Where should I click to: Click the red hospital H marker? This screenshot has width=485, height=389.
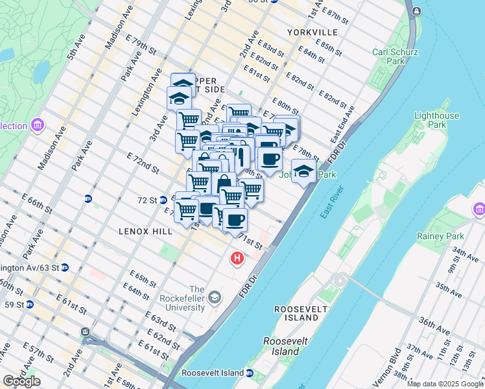pyautogui.click(x=237, y=259)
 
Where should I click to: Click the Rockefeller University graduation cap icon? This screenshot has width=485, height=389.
pyautogui.click(x=215, y=298)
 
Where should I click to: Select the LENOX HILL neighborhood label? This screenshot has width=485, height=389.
pyautogui.click(x=145, y=231)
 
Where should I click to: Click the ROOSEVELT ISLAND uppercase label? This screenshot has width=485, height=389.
pyautogui.click(x=296, y=313)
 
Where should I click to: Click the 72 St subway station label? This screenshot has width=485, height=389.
pyautogui.click(x=147, y=200)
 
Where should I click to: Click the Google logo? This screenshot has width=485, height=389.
pyautogui.click(x=21, y=381)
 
